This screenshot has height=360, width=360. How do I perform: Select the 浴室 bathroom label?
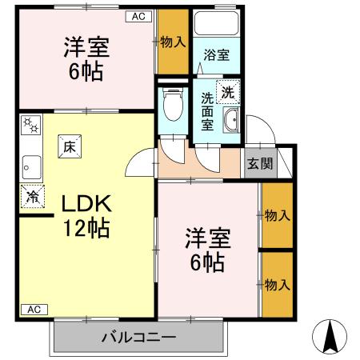(x=216, y=55)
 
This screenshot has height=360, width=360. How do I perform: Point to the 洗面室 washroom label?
(x=208, y=110)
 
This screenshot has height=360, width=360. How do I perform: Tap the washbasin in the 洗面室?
(x=232, y=122)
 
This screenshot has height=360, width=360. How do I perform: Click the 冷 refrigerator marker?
(x=33, y=195)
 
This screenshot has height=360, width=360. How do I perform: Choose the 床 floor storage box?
(x=69, y=146)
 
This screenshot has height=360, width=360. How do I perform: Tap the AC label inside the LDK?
(x=33, y=309)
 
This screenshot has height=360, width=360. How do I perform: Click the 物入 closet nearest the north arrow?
(x=277, y=285)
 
